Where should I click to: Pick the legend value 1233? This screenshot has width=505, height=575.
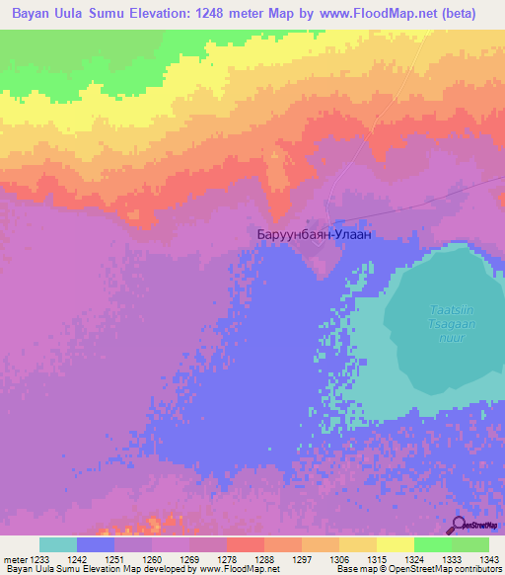click(x=39, y=559)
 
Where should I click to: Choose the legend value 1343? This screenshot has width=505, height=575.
click(x=489, y=559)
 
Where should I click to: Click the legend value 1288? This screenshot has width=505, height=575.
click(x=264, y=559)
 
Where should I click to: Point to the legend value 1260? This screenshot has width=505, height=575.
click(x=152, y=559)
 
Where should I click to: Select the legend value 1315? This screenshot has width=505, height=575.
click(x=377, y=559)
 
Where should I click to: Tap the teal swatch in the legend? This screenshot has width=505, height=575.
click(x=58, y=544)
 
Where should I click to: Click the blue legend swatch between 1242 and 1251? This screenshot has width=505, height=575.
click(x=96, y=544)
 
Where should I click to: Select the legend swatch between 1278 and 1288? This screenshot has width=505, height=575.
click(x=246, y=544)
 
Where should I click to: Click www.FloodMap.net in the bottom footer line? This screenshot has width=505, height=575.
click(x=236, y=569)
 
